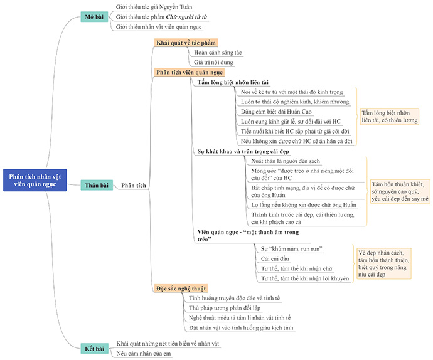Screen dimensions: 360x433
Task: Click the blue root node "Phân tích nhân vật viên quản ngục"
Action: coord(35,179)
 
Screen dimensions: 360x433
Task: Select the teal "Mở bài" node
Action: coord(95,16)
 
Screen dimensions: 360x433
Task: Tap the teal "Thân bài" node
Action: coord(97,185)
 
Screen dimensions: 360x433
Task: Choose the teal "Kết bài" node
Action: coord(95,349)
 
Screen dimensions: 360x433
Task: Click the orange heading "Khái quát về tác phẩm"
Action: coord(186,43)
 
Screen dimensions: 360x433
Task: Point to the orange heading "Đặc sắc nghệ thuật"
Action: coord(186,288)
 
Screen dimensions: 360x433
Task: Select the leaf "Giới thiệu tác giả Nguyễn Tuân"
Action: coord(153,6)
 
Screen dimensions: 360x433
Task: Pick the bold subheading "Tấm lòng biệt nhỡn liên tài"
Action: coord(237,82)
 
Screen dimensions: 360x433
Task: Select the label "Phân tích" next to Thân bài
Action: coord(133,185)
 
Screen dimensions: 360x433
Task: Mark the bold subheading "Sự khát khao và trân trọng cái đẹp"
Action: coord(243,151)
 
